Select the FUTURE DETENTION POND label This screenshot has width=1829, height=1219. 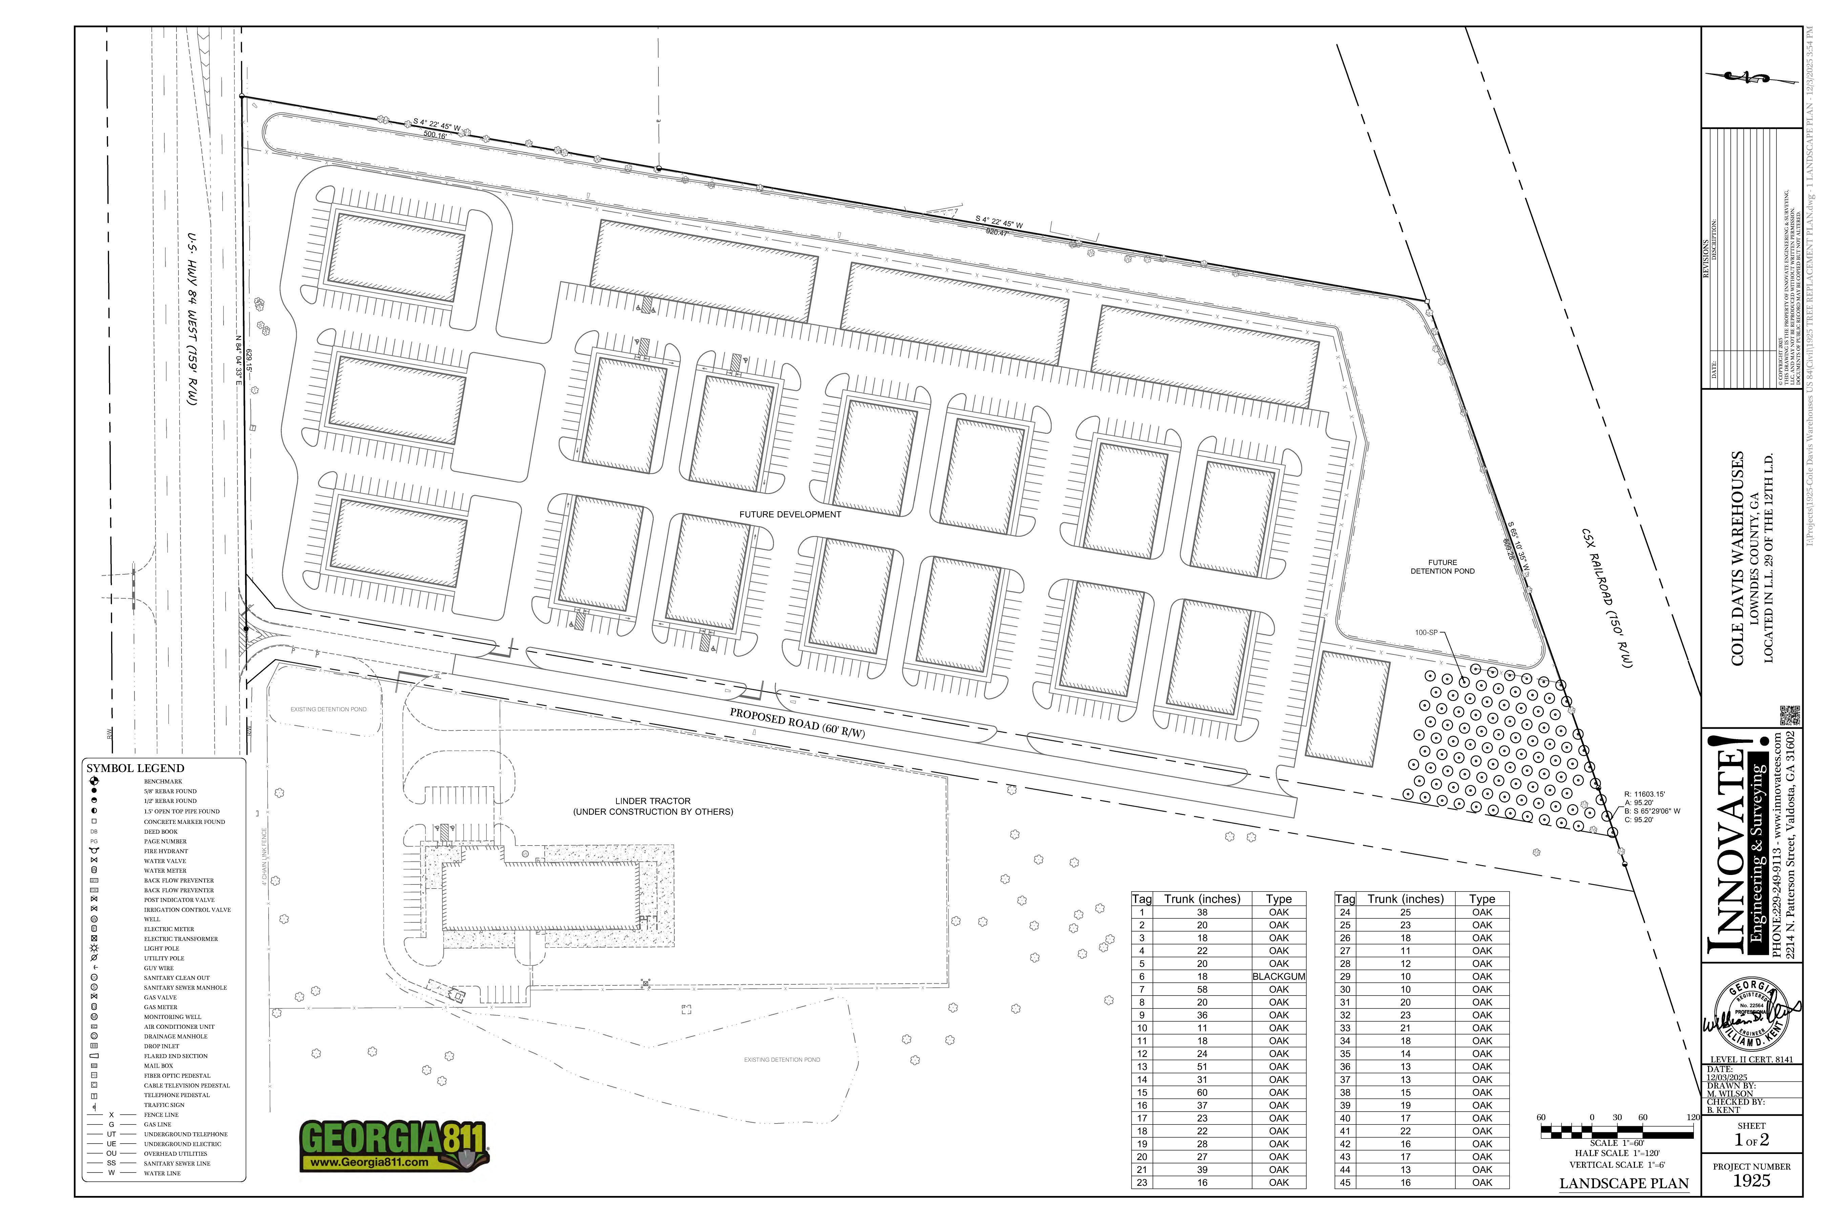[1443, 567]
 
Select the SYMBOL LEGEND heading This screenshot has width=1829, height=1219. [135, 768]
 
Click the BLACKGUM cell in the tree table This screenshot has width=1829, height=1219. [1278, 977]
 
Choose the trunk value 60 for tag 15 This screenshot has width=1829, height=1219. [1202, 1092]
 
